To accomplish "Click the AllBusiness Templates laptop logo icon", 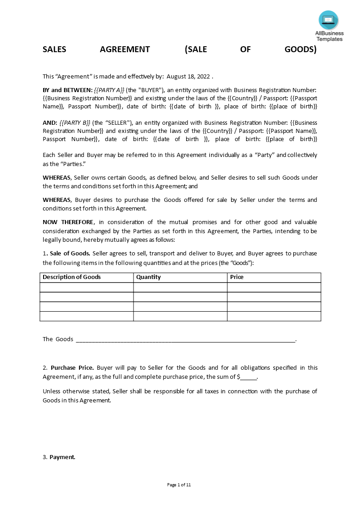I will (x=328, y=20).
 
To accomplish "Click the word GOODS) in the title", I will (x=300, y=49).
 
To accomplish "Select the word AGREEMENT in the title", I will (x=125, y=49).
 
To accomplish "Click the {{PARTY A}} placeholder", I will (x=109, y=90).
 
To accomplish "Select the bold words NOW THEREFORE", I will (x=68, y=222).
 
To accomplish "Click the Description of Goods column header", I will (x=72, y=277).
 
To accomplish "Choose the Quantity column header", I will (x=148, y=277).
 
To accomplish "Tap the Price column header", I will (x=237, y=277).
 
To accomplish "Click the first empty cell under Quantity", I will (x=180, y=287).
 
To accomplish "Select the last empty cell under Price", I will (x=274, y=316).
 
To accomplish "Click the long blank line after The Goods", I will (x=185, y=339).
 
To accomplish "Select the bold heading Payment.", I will (x=62, y=457).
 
